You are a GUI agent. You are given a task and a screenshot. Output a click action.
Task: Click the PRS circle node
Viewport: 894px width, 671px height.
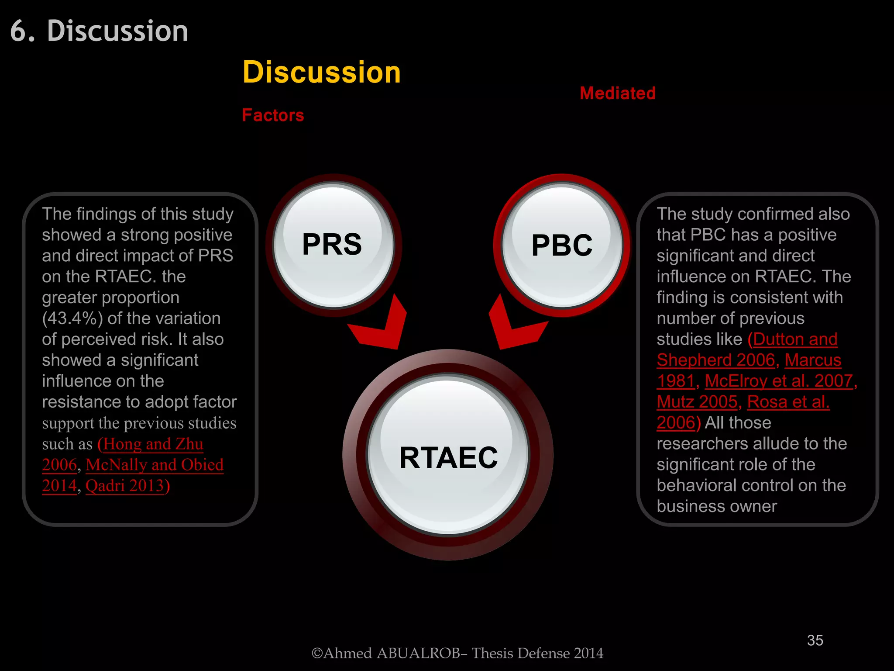(x=333, y=245)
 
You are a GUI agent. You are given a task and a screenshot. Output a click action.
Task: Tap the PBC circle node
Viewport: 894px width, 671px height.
(x=562, y=245)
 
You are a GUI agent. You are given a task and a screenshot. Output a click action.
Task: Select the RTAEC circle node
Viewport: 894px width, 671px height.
(x=448, y=457)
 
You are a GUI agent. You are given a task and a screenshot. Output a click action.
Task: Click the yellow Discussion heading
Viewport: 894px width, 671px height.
(x=322, y=72)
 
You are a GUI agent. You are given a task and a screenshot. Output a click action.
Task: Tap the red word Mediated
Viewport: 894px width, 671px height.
(x=617, y=93)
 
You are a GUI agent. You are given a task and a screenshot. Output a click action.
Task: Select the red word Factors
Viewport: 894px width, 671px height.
(x=273, y=115)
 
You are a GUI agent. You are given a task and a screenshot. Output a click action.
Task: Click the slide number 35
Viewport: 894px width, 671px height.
(x=815, y=640)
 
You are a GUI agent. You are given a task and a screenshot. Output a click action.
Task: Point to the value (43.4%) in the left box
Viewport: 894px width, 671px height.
(x=72, y=318)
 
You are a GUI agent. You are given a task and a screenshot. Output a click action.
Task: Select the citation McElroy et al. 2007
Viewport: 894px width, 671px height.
(x=778, y=381)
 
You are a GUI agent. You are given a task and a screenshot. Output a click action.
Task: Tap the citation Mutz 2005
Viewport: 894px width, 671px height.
(x=697, y=402)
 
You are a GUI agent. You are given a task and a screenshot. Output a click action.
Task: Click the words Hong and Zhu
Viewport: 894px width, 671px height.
(x=153, y=444)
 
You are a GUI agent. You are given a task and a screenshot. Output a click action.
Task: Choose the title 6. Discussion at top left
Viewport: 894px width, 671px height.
(x=99, y=31)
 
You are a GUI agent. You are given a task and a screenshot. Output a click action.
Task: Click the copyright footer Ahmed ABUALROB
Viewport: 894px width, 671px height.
(x=457, y=653)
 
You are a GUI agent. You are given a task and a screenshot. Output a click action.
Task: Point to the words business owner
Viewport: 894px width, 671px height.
(x=716, y=506)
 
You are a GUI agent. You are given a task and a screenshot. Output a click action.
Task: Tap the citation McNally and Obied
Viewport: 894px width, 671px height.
(x=155, y=465)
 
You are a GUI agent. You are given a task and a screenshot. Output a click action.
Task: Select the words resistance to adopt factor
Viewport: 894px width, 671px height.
(x=139, y=402)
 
